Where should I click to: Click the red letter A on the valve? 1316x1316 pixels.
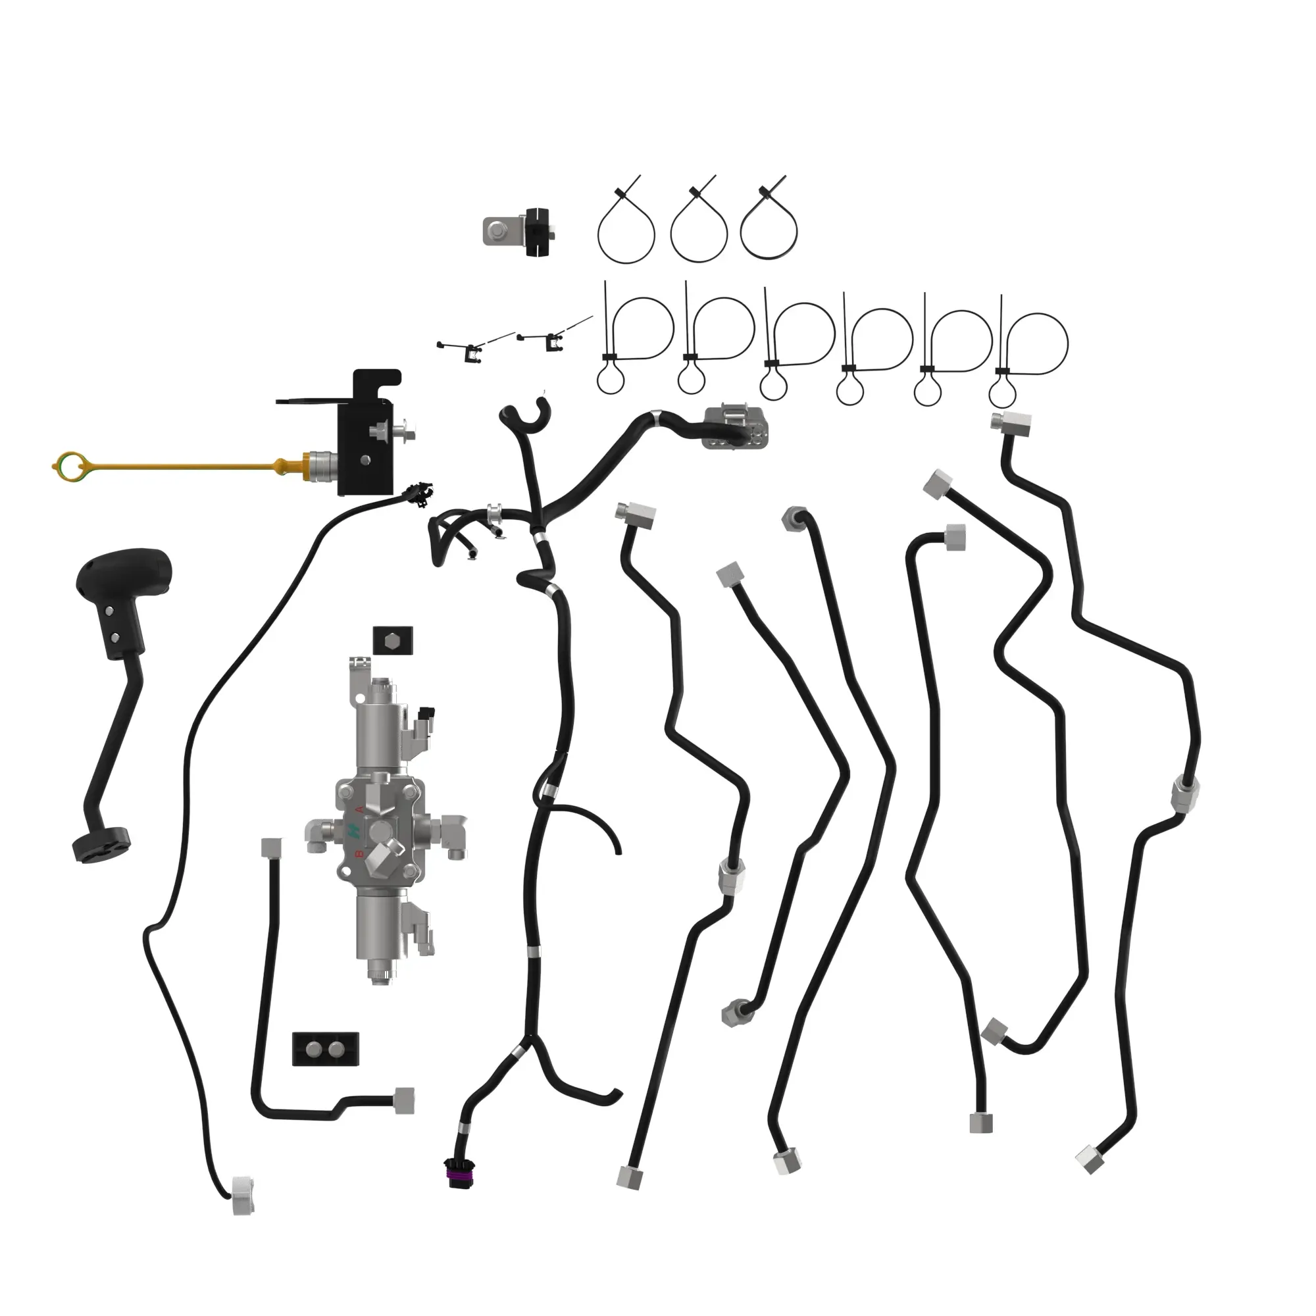pos(360,809)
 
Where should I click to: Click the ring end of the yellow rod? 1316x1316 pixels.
pos(69,466)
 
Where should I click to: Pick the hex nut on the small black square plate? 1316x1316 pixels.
pos(393,641)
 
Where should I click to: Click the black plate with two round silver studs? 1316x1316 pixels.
pos(325,1049)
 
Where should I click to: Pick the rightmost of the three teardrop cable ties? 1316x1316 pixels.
pos(769,225)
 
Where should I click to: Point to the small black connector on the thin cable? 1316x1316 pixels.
pos(419,495)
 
